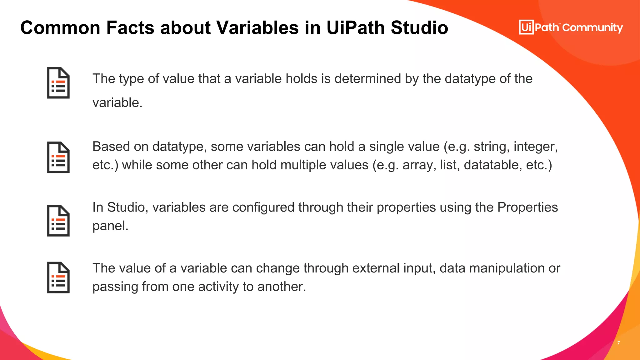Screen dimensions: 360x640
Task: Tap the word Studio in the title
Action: [419, 27]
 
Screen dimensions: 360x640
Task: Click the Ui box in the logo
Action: [526, 27]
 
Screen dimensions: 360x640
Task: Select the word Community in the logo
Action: [592, 28]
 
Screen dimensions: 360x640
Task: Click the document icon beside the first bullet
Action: [58, 83]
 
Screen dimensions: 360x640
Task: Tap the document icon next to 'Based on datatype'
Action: [58, 157]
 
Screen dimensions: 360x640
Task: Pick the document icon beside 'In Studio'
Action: [58, 221]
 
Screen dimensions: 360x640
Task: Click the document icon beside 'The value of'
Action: [58, 277]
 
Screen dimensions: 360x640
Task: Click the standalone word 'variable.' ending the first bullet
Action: [117, 103]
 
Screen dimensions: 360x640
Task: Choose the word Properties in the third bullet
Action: [527, 207]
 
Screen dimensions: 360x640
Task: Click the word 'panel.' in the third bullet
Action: [110, 226]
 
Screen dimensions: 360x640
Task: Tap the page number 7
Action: [618, 343]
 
